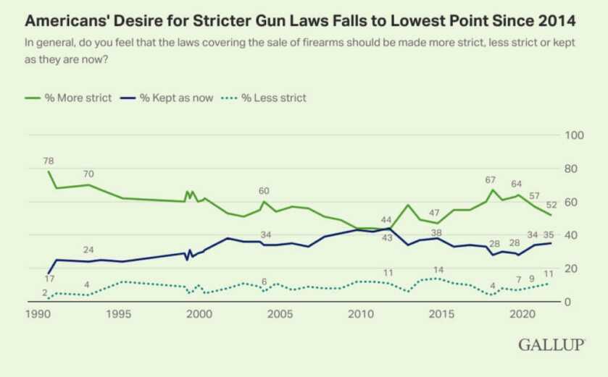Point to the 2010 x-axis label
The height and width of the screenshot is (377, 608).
click(x=360, y=315)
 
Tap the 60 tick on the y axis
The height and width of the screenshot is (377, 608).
click(x=572, y=202)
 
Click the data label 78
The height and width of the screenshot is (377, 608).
click(x=49, y=161)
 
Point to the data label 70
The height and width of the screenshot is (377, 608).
click(x=88, y=174)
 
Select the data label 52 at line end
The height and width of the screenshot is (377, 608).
click(x=552, y=204)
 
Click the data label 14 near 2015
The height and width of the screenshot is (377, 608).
click(x=438, y=270)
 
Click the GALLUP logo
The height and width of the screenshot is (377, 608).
click(x=551, y=345)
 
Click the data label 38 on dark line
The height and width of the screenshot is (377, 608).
click(x=436, y=233)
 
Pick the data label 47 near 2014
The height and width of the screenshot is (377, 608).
click(x=435, y=213)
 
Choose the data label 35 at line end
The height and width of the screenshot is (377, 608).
click(x=549, y=234)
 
